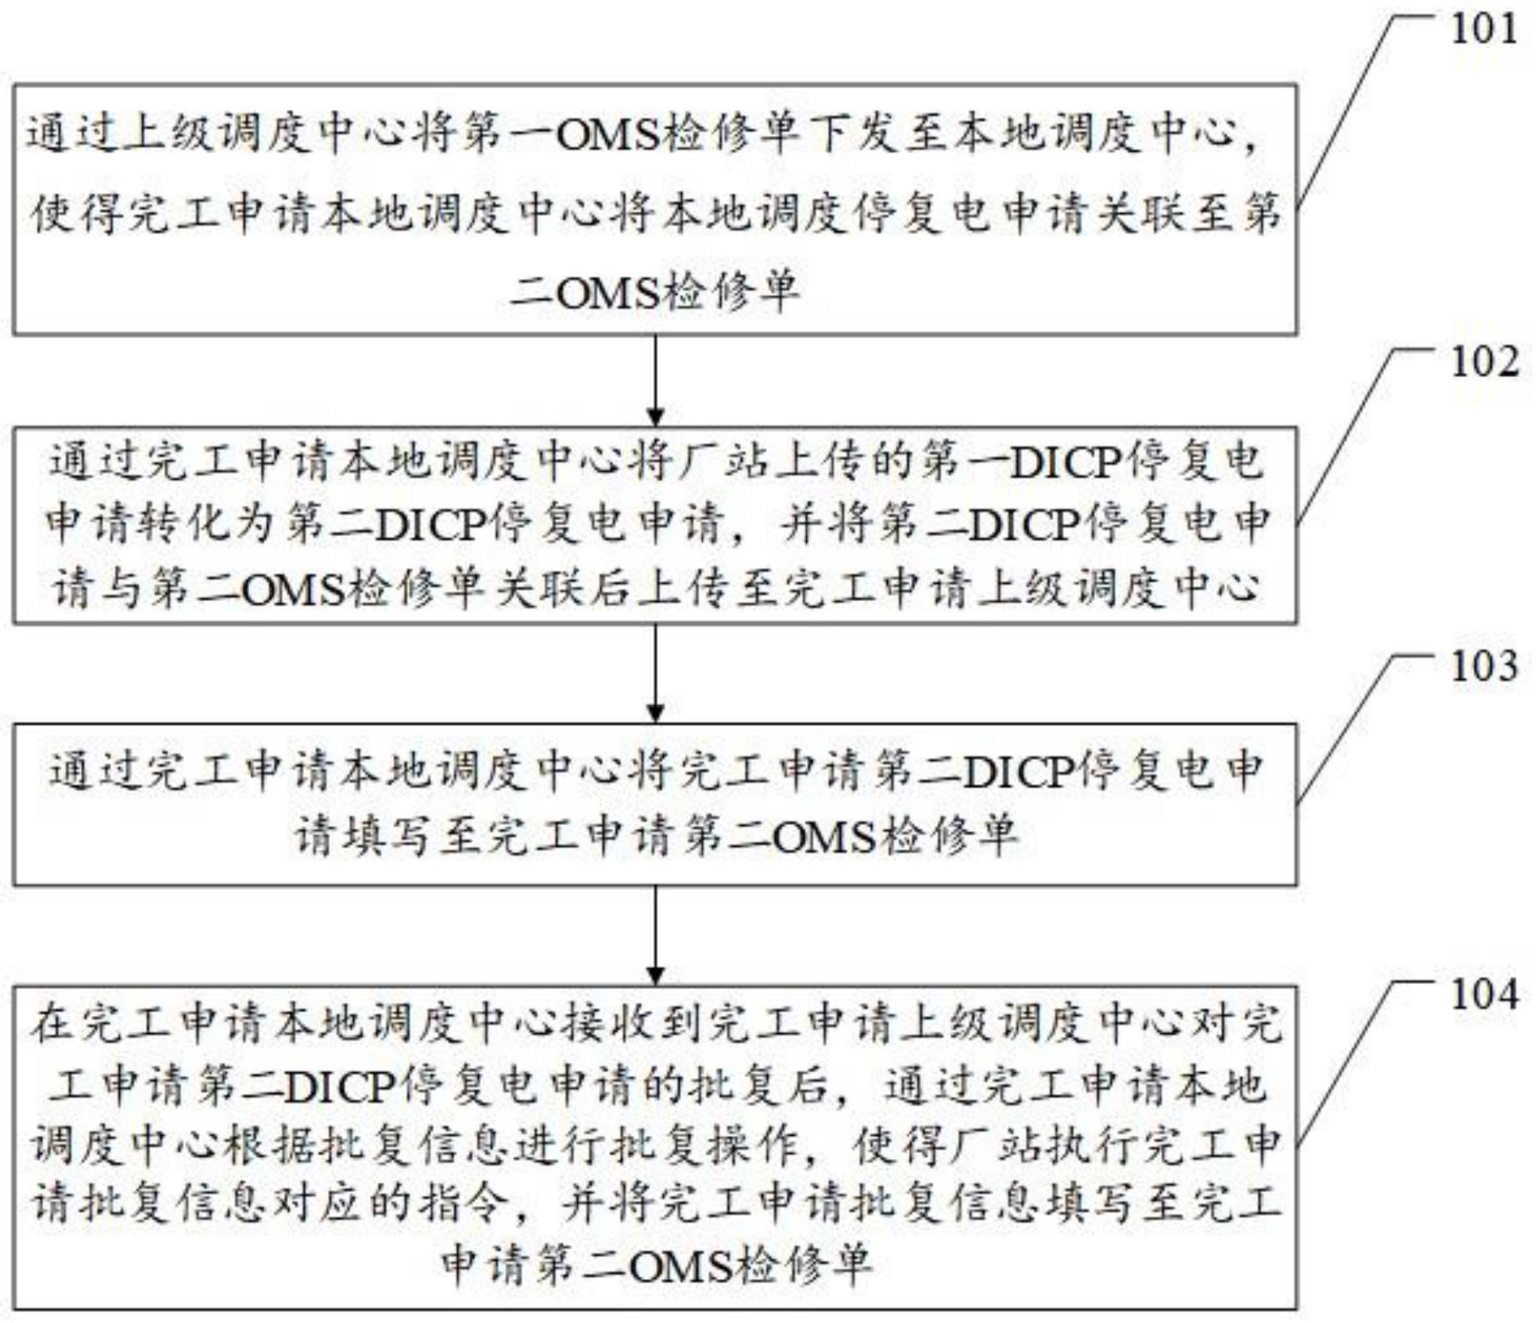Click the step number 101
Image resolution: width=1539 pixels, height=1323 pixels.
point(1485,30)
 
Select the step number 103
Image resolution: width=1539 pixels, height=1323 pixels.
point(1485,667)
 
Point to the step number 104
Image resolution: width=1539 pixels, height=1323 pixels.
point(1485,995)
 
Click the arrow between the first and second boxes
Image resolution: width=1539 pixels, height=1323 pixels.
point(655,380)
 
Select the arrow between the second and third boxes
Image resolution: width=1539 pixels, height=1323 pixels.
point(655,674)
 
